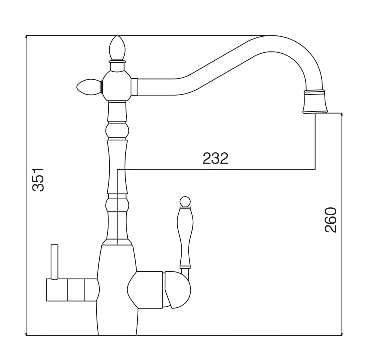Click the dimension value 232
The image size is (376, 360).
click(215, 158)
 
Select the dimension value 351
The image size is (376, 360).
click(38, 179)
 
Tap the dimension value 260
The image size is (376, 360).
click(331, 220)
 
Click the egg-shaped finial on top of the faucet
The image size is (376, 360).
click(117, 48)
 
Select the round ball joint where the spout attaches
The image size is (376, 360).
click(117, 85)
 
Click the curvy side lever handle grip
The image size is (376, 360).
click(185, 237)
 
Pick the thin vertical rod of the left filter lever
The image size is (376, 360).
click(54, 262)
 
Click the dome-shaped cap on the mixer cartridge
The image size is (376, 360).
click(178, 290)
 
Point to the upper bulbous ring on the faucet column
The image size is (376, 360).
click(117, 131)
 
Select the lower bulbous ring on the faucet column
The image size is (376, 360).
click(117, 205)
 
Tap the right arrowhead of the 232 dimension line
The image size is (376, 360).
click(314, 169)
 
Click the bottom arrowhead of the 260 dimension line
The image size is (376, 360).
click(342, 334)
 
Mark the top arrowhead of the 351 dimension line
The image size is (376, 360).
click(26, 38)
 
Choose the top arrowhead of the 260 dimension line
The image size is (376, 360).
click(342, 115)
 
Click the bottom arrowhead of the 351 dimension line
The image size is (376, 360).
click(26, 334)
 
